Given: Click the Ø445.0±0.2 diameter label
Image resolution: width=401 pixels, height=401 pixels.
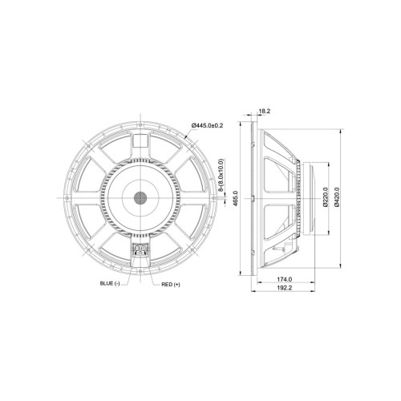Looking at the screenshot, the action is (207, 125).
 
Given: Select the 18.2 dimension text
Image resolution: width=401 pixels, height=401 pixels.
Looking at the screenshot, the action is (265, 111).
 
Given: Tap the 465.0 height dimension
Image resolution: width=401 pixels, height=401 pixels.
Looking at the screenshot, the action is (235, 198).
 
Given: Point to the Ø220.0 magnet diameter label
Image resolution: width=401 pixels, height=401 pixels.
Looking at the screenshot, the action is (326, 198).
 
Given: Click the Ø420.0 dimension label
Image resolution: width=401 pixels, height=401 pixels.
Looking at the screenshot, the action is (337, 198).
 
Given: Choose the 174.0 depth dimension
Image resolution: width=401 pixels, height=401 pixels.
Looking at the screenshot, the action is (284, 279).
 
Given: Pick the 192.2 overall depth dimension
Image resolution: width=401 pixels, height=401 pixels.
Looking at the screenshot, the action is (284, 288).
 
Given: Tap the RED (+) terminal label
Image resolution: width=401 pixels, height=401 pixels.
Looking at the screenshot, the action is (171, 285).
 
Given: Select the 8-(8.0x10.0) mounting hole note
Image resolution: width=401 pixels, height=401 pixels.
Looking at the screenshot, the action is (221, 175).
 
